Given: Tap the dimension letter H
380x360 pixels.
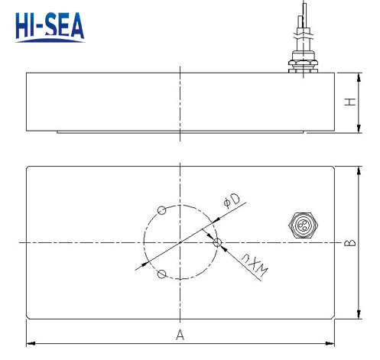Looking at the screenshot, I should click(x=349, y=102).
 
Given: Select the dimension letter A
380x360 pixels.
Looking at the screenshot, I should click(x=180, y=335).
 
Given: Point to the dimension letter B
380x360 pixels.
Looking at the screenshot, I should click(x=349, y=243).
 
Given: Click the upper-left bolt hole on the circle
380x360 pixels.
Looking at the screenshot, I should click(x=161, y=210).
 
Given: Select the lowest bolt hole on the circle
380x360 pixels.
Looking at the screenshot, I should click(x=161, y=274).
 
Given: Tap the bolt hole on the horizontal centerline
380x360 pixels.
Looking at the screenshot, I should click(x=218, y=242).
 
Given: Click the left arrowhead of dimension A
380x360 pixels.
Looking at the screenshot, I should click(x=30, y=342).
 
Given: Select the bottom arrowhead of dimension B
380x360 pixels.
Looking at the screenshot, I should click(x=358, y=316).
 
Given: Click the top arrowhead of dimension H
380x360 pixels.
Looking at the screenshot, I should click(x=359, y=75).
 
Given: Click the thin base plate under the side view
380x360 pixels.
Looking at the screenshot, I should click(x=180, y=133).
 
